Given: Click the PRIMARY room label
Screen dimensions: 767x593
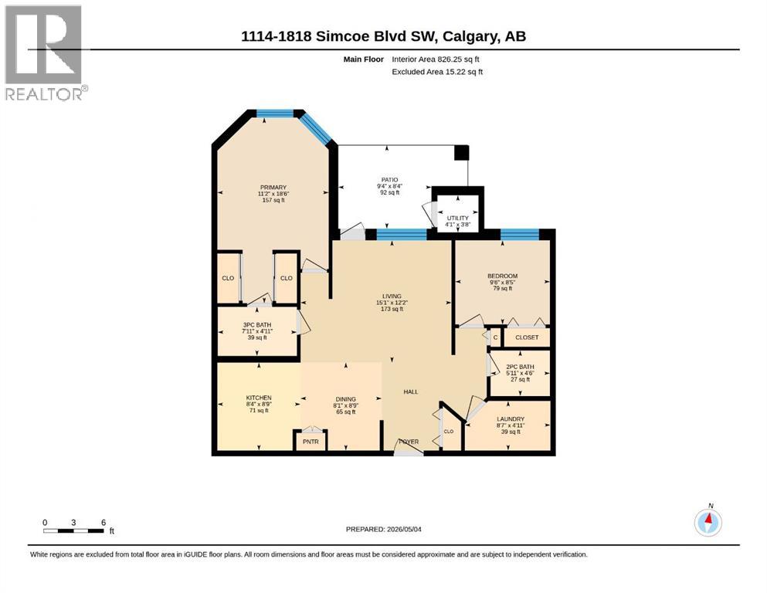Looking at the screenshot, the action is [273, 187].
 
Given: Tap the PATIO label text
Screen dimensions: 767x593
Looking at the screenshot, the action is [390, 180].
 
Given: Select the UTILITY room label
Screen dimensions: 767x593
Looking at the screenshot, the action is [458, 218].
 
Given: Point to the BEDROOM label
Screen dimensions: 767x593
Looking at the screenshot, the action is [502, 276].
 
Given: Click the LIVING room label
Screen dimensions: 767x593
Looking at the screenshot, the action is [392, 296].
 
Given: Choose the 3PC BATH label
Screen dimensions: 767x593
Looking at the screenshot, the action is [257, 324].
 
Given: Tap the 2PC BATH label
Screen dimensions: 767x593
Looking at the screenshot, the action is [520, 367].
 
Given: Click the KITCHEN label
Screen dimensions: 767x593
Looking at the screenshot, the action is [259, 398].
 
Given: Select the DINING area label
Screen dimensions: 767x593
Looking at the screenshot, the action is [346, 399].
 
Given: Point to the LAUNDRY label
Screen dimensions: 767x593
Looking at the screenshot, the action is [511, 419].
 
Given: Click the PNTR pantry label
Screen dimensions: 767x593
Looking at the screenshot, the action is [311, 442].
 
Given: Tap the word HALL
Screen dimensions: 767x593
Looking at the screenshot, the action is [411, 391].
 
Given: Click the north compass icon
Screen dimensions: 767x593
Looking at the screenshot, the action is [708, 522].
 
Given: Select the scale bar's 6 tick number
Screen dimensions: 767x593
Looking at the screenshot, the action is [104, 522].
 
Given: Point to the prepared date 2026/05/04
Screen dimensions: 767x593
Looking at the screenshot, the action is [404, 529].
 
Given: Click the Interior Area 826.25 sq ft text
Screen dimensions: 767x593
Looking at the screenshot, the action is [436, 59].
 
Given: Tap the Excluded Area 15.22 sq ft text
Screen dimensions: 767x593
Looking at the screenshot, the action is [437, 71].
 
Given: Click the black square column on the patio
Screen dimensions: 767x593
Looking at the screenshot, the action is [462, 153].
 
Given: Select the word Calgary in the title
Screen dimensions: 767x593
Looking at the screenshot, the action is [468, 36].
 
